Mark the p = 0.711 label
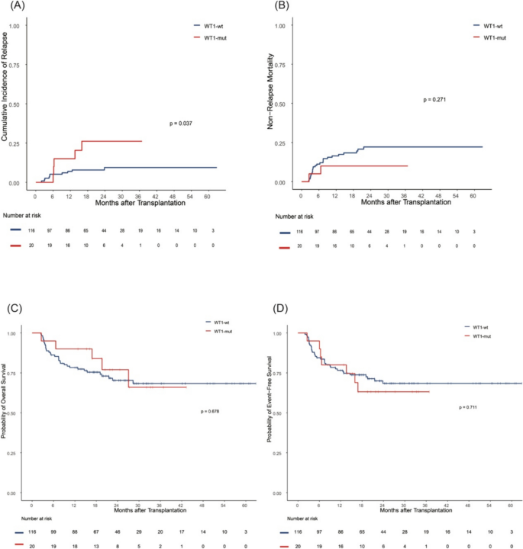(x=467, y=407)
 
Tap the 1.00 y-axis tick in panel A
(x=13, y=25)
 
